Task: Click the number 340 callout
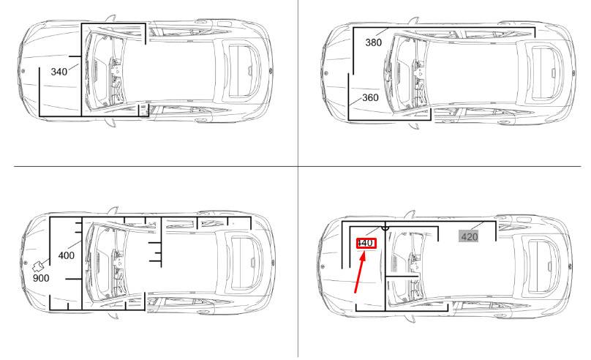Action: [59, 72]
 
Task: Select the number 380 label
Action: [374, 42]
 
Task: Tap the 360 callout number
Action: [370, 97]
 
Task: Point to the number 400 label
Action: [67, 255]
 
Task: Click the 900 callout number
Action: [41, 278]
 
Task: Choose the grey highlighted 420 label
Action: [470, 237]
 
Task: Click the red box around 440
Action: [366, 243]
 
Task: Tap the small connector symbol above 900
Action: [38, 266]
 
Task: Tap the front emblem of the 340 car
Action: [23, 71]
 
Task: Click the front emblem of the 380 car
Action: [326, 73]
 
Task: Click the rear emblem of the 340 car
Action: [270, 70]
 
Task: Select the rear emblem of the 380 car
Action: [573, 73]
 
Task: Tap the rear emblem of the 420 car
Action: [570, 266]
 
